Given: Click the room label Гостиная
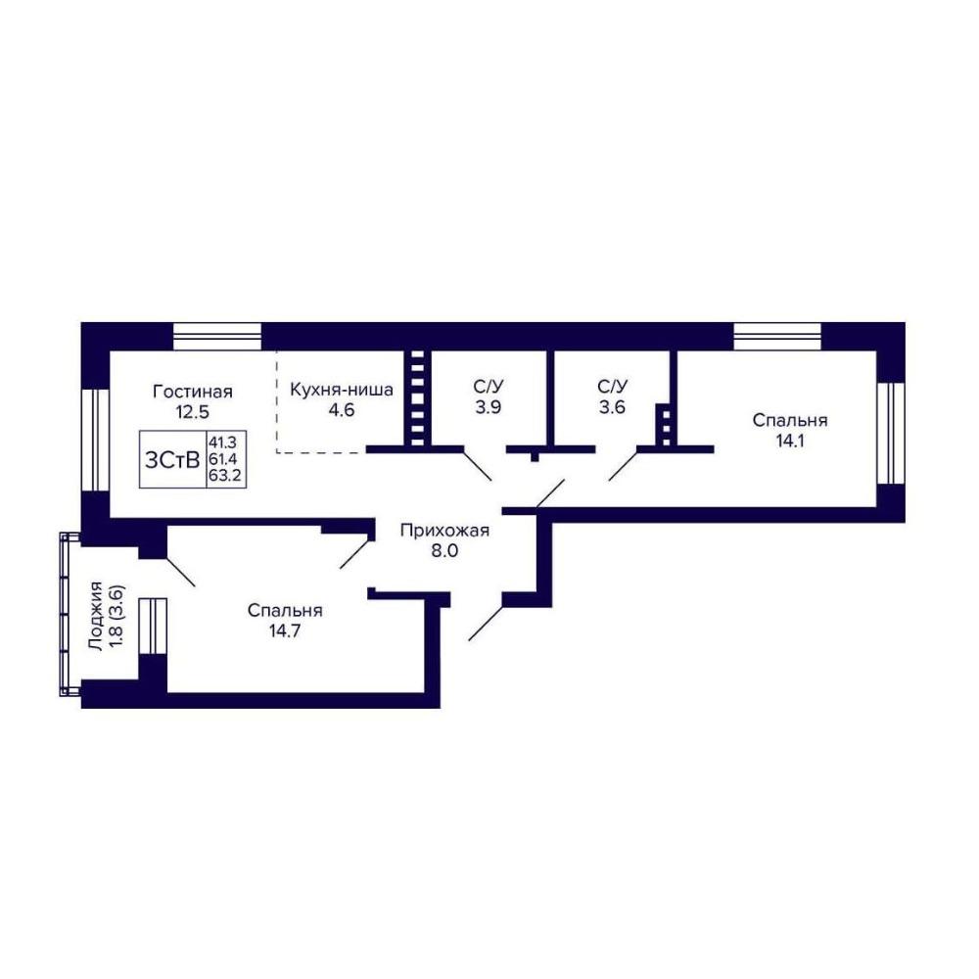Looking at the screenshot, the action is tap(192, 392).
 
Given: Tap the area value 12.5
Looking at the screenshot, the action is tap(192, 412).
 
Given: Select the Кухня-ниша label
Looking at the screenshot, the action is tap(342, 391).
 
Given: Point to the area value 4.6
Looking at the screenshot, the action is tap(342, 410).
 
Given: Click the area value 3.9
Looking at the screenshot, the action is tap(489, 407).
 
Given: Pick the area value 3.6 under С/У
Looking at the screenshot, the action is tap(612, 407).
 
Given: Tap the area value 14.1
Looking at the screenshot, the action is tap(790, 441).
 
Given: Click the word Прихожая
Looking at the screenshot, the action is tap(444, 531).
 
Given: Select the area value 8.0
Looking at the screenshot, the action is tap(444, 550).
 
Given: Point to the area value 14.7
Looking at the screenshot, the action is tap(285, 630).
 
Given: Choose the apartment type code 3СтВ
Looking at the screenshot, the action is tap(172, 460).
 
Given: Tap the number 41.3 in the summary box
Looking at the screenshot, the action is tap(223, 443).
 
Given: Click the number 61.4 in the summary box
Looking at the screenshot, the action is tap(223, 460).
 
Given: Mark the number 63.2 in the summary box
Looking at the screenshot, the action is tap(225, 478).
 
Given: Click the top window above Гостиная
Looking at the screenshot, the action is tap(216, 337).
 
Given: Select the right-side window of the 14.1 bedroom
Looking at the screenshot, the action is tap(891, 433).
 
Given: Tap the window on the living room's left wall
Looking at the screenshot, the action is tap(96, 441).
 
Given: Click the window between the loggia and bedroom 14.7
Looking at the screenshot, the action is tap(153, 626).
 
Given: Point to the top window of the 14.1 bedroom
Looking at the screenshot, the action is tap(777, 337).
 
